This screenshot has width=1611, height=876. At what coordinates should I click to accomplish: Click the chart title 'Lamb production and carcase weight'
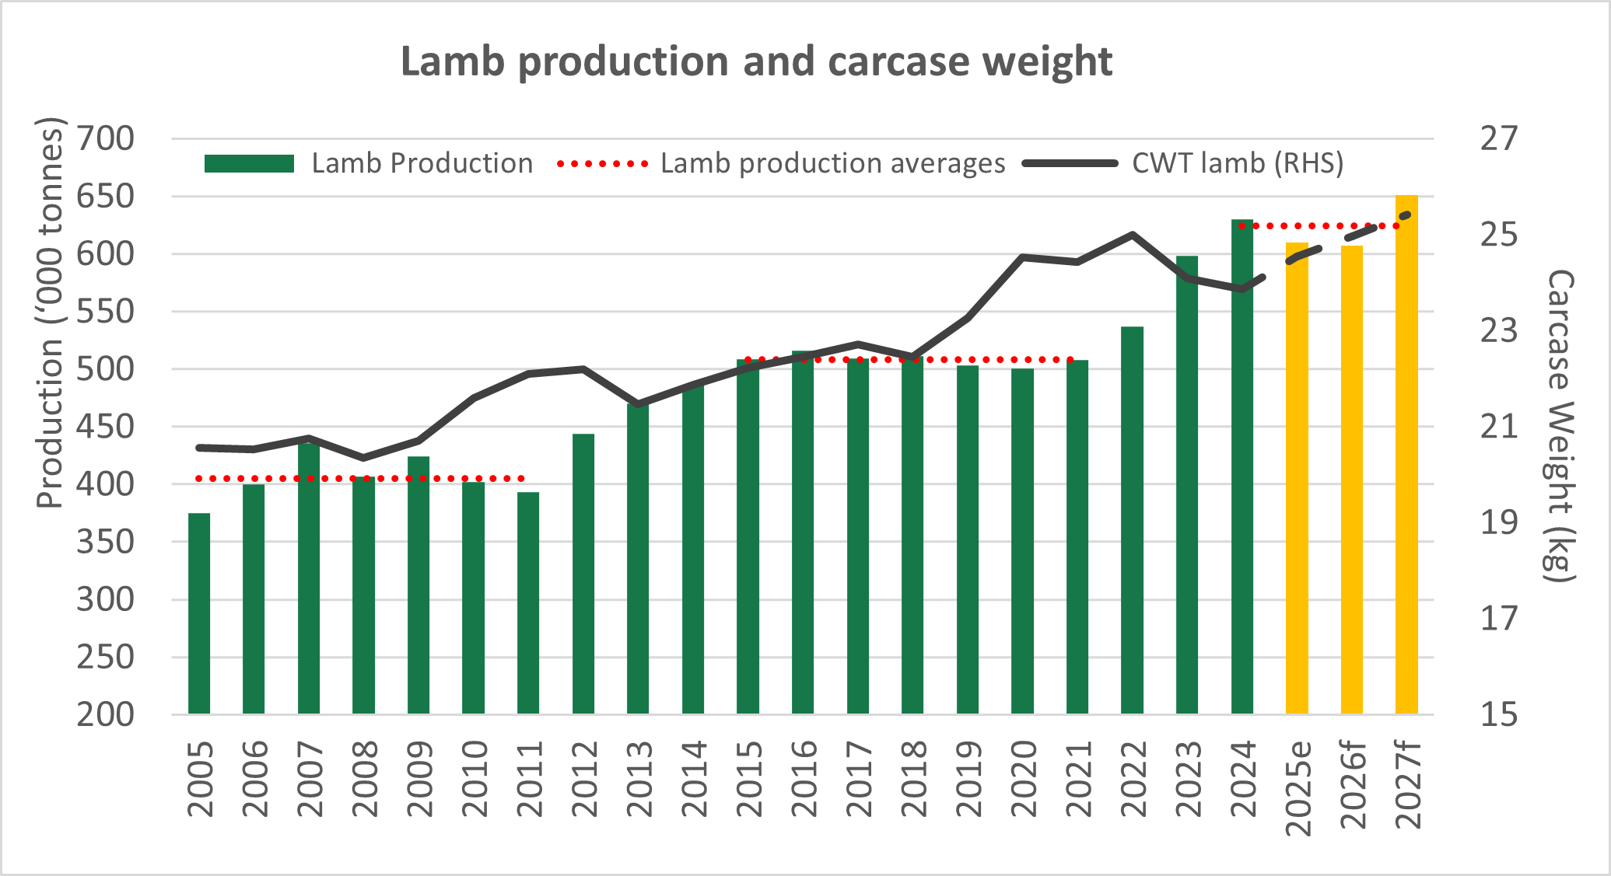756,62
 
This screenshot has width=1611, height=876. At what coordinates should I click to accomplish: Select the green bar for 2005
199,613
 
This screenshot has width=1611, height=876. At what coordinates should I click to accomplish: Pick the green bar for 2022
1132,520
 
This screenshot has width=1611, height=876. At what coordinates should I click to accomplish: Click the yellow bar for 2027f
1406,455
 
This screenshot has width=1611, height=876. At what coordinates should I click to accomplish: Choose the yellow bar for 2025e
1297,478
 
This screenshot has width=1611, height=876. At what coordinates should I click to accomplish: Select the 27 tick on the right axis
1498,139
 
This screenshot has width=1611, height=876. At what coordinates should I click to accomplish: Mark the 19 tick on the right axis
1498,522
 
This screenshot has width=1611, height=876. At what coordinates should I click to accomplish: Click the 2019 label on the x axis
968,779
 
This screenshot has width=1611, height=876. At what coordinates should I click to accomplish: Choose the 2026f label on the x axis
1353,787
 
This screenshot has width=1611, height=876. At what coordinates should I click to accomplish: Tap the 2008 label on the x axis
364,779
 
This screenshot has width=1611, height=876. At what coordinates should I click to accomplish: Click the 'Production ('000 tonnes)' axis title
50,312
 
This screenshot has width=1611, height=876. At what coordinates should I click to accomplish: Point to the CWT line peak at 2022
1132,234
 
